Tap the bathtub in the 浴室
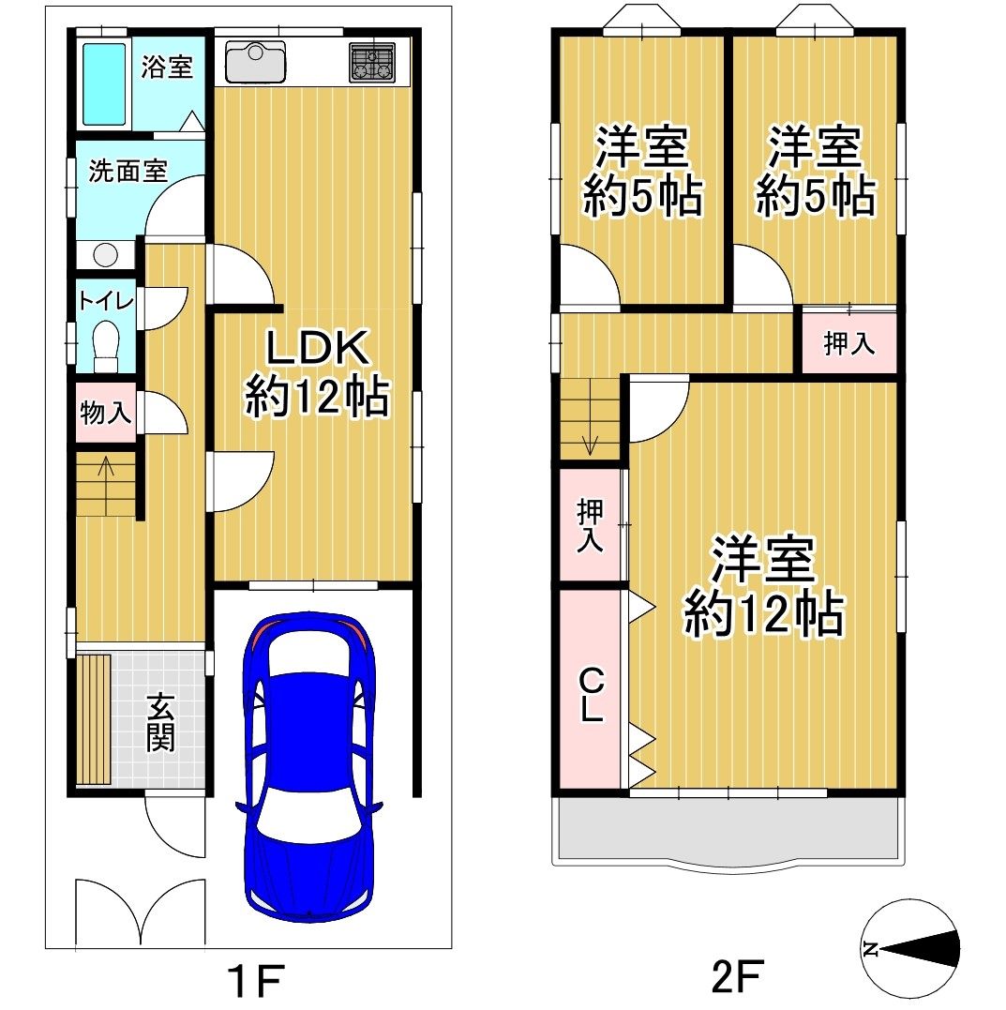pyautogui.click(x=104, y=83)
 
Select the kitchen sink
pyautogui.click(x=256, y=62)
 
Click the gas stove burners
pyautogui.click(x=372, y=63)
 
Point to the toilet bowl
pyautogui.click(x=106, y=346)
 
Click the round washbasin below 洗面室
pyautogui.click(x=105, y=254)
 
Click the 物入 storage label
pyautogui.click(x=106, y=412)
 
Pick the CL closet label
pyautogui.click(x=592, y=694)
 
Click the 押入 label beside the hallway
pyautogui.click(x=848, y=342)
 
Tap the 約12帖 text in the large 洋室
pyautogui.click(x=763, y=614)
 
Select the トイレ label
pyautogui.click(x=106, y=300)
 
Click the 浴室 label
pyautogui.click(x=167, y=67)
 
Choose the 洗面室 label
pyautogui.click(x=128, y=171)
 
